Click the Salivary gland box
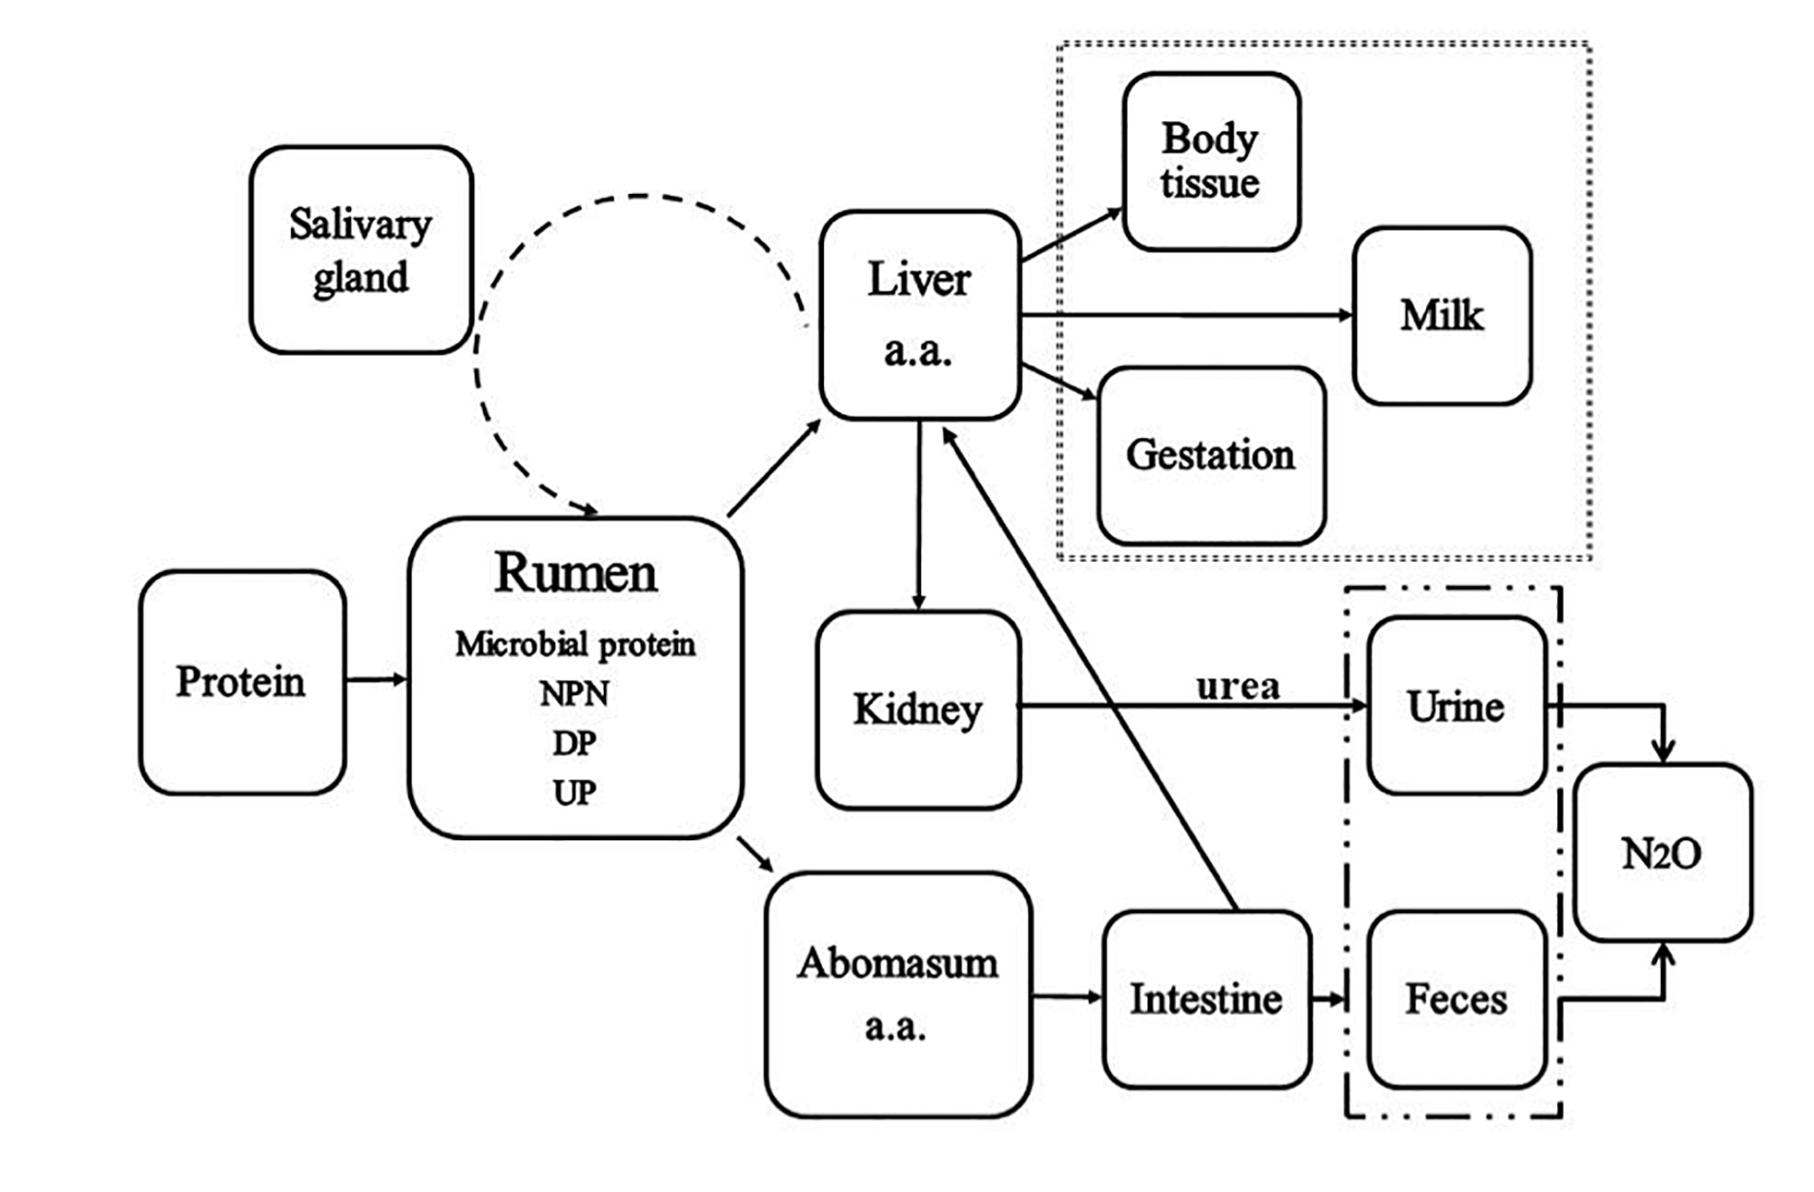pyautogui.click(x=361, y=250)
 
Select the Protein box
pyautogui.click(x=241, y=682)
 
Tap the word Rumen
pyautogui.click(x=576, y=573)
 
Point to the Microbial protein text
pyautogui.click(x=576, y=644)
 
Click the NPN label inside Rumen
pyautogui.click(x=575, y=694)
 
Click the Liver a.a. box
pyautogui.click(x=919, y=315)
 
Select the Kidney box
pyautogui.click(x=918, y=709)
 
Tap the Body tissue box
pyautogui.click(x=1211, y=161)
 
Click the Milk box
pyautogui.click(x=1442, y=316)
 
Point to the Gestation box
pyautogui.click(x=1211, y=455)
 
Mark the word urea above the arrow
pyautogui.click(x=1238, y=686)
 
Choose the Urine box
pyautogui.click(x=1456, y=706)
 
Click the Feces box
pyautogui.click(x=1456, y=999)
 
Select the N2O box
pyautogui.click(x=1663, y=853)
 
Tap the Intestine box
pyautogui.click(x=1206, y=999)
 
